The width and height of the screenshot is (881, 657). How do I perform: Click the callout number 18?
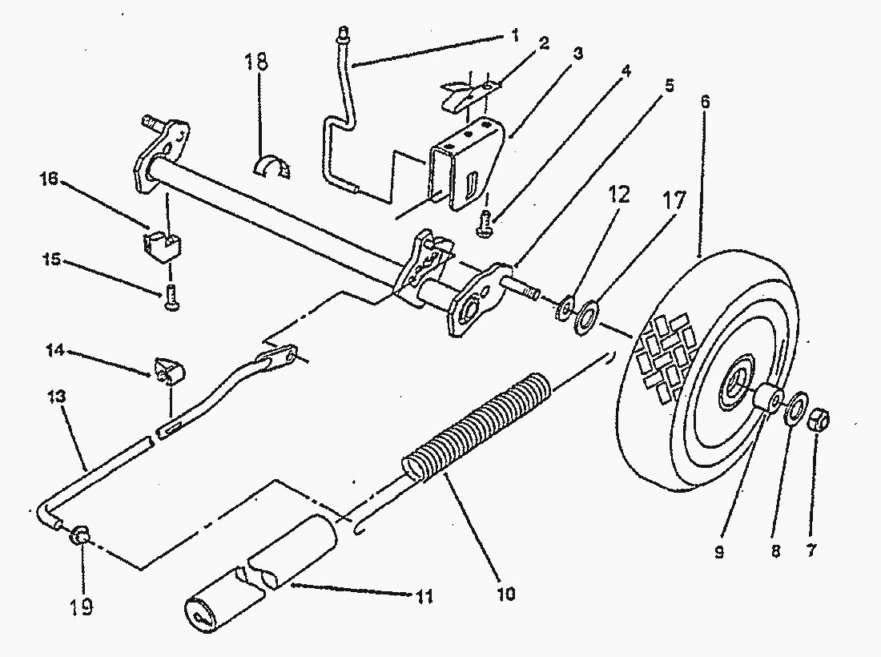pos(256,61)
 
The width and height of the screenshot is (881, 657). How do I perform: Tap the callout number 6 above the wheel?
pos(705,102)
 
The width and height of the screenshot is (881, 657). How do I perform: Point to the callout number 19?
pos(82,607)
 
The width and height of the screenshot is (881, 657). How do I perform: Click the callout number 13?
pos(57,397)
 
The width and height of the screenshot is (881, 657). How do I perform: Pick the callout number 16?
pos(49,179)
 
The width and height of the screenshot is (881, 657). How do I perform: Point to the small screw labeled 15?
pos(171,297)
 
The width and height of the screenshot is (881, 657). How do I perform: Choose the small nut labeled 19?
pos(79,536)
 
